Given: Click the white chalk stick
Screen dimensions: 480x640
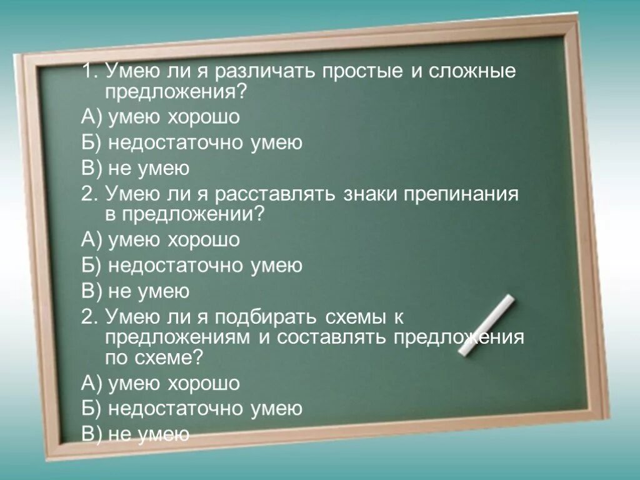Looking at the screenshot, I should pos(486,326).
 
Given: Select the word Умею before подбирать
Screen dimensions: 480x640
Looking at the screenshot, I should pos(131,317).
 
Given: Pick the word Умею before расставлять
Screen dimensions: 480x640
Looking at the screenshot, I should pos(131,194).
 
